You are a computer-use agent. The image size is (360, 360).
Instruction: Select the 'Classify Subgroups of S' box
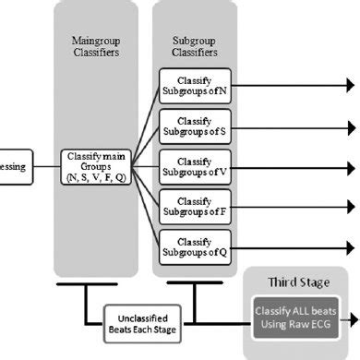pyautogui.click(x=194, y=126)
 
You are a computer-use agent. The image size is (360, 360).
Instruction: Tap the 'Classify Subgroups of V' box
pyautogui.click(x=194, y=168)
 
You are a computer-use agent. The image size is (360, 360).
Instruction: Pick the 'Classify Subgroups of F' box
pyautogui.click(x=194, y=208)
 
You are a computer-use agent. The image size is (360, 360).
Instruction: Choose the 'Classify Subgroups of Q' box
pyautogui.click(x=194, y=246)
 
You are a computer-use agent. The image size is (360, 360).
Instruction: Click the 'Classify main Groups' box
pyautogui.click(x=96, y=168)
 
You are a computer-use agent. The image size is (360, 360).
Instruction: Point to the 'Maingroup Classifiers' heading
pyautogui.click(x=96, y=49)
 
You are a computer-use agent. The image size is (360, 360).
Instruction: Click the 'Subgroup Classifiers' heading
pyautogui.click(x=194, y=49)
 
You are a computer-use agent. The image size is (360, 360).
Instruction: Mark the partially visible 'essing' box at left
pyautogui.click(x=17, y=168)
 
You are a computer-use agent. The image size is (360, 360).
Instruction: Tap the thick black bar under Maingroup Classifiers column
pyautogui.click(x=96, y=284)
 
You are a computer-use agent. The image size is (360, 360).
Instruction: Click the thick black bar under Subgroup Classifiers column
pyautogui.click(x=194, y=284)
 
